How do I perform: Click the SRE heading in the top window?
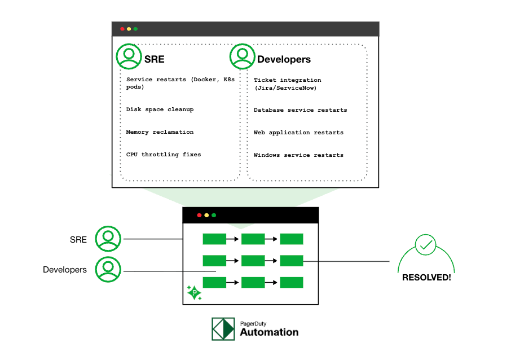coord(154,59)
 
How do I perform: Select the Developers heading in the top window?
coord(284,59)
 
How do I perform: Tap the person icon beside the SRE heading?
coord(129,56)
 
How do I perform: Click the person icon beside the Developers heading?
coord(243,56)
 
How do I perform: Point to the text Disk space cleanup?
coord(160,109)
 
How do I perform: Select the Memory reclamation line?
coord(160,132)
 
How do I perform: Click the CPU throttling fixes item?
coord(164,155)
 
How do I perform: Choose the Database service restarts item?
coord(300,110)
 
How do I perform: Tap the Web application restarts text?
coord(298,133)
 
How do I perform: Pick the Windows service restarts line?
coord(298,155)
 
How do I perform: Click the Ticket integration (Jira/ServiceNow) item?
coord(287,84)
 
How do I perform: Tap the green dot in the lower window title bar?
coord(214,215)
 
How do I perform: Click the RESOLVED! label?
coord(426,278)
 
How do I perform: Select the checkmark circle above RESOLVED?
coord(425,245)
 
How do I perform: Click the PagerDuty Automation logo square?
coord(223,329)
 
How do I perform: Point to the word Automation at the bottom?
coord(269,332)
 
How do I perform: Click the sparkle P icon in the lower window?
coord(194,292)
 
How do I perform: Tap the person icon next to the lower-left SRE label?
coord(108,239)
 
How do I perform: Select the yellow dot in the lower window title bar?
coord(206,215)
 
